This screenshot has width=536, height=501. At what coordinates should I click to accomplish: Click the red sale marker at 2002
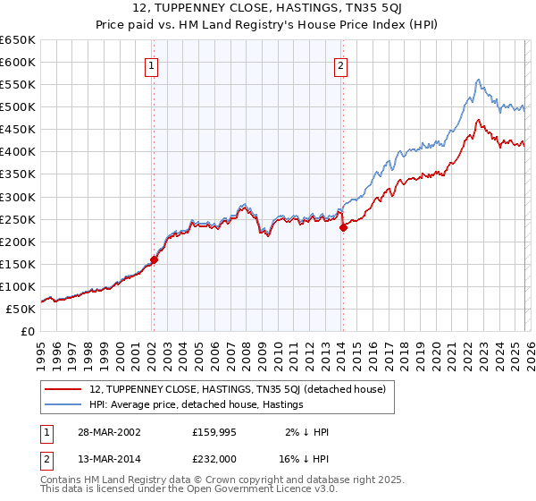[x=154, y=259]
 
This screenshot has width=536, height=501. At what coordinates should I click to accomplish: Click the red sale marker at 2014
[x=343, y=227]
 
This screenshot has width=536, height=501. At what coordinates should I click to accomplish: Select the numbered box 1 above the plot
[x=153, y=64]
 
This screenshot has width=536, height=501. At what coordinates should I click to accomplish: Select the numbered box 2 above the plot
[x=342, y=64]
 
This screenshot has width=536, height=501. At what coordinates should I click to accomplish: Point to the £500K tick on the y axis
[x=18, y=107]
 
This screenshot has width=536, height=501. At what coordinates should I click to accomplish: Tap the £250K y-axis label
[x=18, y=219]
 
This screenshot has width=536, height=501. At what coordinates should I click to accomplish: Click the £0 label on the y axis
[x=28, y=332]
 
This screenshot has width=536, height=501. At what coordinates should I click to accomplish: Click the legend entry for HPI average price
[x=197, y=404]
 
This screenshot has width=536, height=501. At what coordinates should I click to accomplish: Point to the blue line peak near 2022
[x=479, y=80]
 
